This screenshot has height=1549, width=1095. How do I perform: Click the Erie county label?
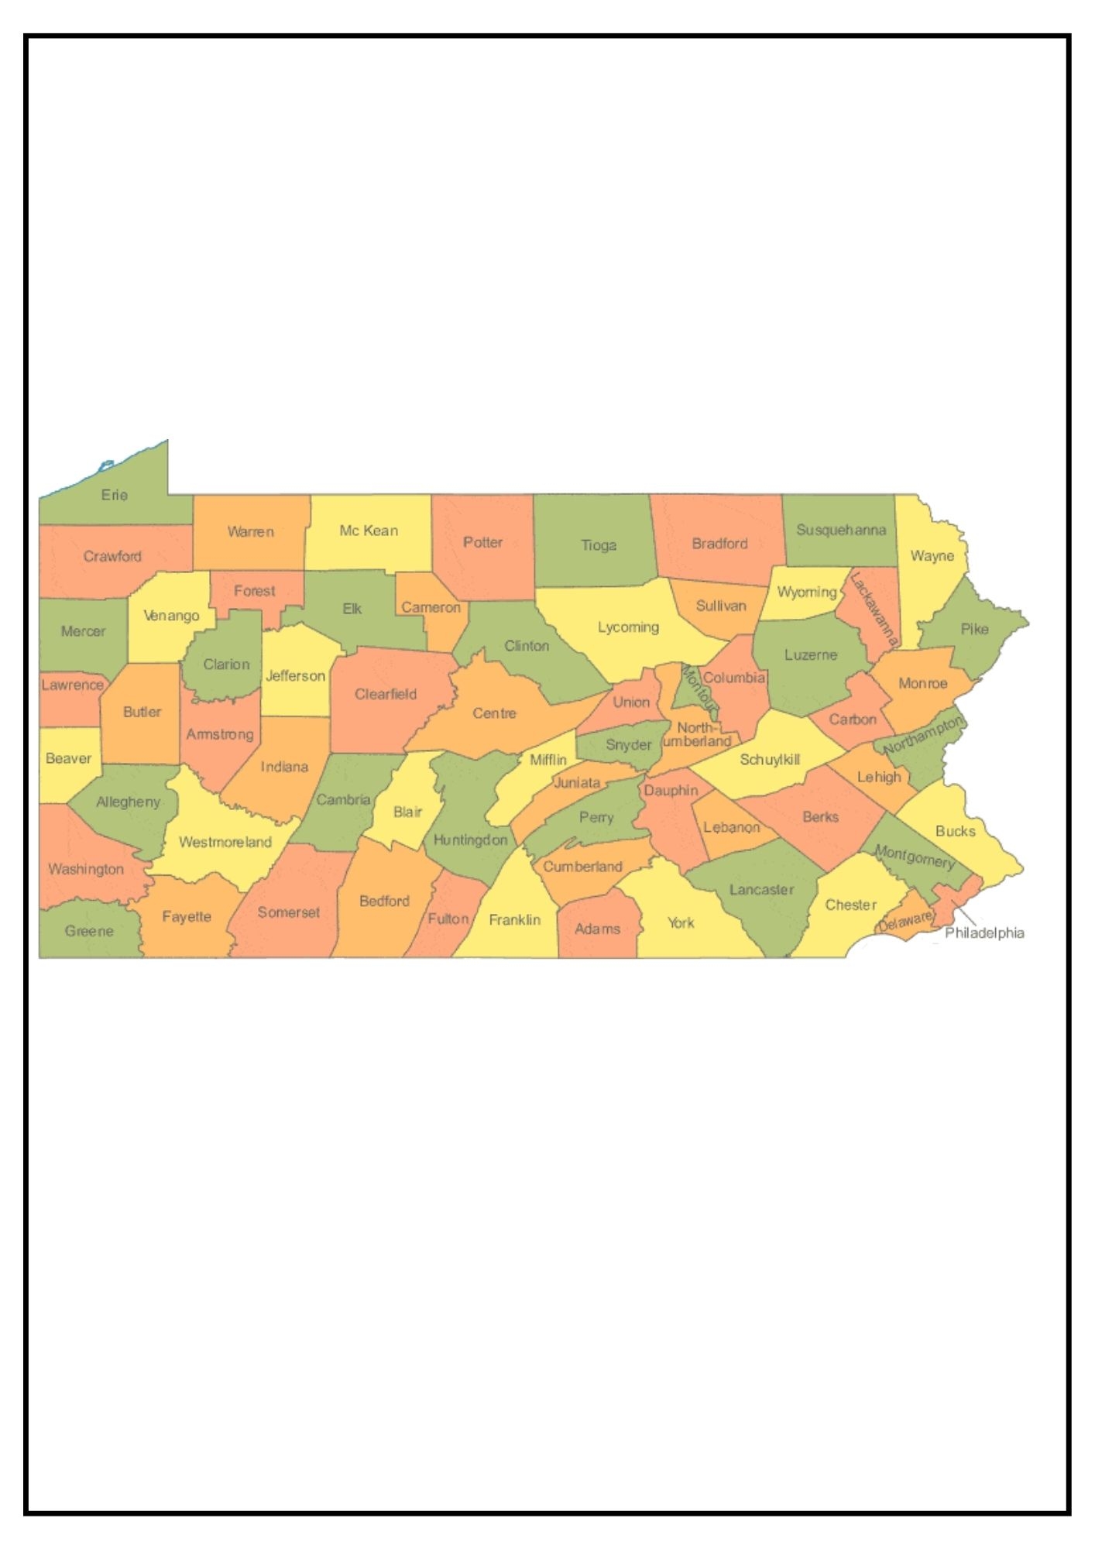[x=115, y=495]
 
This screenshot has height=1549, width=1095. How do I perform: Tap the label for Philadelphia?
[x=984, y=933]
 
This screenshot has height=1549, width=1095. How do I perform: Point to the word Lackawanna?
[x=874, y=610]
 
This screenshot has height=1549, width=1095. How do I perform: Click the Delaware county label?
[x=904, y=921]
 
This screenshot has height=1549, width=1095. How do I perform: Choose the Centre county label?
[x=494, y=713]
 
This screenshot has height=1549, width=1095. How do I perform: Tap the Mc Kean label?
[x=369, y=531]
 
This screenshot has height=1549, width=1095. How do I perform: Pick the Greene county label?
[x=89, y=931]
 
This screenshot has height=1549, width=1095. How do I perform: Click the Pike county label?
[x=974, y=629]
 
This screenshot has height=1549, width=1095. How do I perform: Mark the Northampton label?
[x=924, y=736]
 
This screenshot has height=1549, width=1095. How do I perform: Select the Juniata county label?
[x=577, y=783]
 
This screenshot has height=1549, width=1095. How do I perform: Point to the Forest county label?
[x=254, y=591]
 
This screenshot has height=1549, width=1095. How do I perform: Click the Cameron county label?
[x=431, y=607]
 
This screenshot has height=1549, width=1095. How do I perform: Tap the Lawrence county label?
[x=72, y=685]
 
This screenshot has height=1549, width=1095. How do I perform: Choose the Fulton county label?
[x=448, y=919]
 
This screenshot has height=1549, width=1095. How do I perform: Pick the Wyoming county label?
[x=807, y=592]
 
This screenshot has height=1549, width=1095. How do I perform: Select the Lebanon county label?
[x=731, y=827]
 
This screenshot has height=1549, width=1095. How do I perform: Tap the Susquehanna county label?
[x=841, y=531]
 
